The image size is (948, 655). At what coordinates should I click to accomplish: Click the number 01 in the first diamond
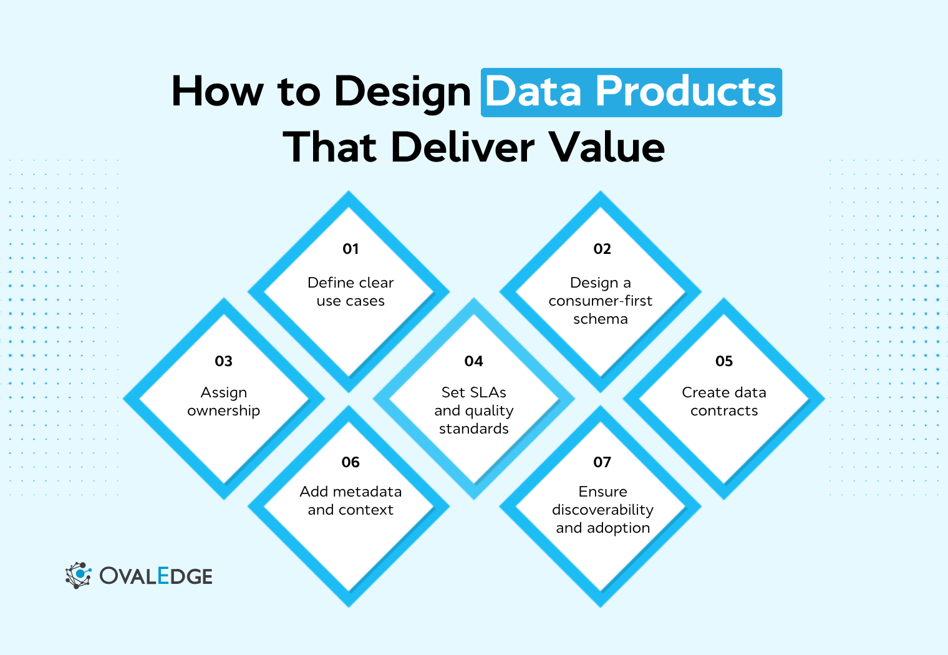(x=351, y=249)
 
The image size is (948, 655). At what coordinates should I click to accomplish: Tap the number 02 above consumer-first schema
(x=602, y=249)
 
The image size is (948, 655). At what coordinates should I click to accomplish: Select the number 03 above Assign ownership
(x=223, y=361)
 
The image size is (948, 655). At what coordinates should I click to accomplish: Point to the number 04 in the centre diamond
(x=473, y=361)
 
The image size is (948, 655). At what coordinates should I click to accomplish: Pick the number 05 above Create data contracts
(x=723, y=361)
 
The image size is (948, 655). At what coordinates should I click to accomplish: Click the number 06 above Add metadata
(x=351, y=462)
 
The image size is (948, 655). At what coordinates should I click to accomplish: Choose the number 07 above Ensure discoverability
(x=602, y=462)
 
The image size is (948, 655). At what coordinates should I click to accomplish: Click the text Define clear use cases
(x=351, y=292)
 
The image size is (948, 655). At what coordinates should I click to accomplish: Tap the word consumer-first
(x=600, y=301)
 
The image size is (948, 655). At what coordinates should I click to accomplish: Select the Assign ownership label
(x=223, y=402)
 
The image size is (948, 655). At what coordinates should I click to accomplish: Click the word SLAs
(x=490, y=392)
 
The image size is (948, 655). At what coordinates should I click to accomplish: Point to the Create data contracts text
(x=723, y=402)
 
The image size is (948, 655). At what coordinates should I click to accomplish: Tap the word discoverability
(x=602, y=510)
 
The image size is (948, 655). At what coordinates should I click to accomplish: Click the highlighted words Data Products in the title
(x=631, y=92)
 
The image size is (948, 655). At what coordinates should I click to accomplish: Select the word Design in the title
(x=402, y=92)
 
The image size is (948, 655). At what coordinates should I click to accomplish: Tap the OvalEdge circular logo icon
(x=78, y=575)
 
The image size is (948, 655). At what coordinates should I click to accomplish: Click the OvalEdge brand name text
(x=156, y=576)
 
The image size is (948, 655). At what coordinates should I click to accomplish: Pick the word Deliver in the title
(x=462, y=148)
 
